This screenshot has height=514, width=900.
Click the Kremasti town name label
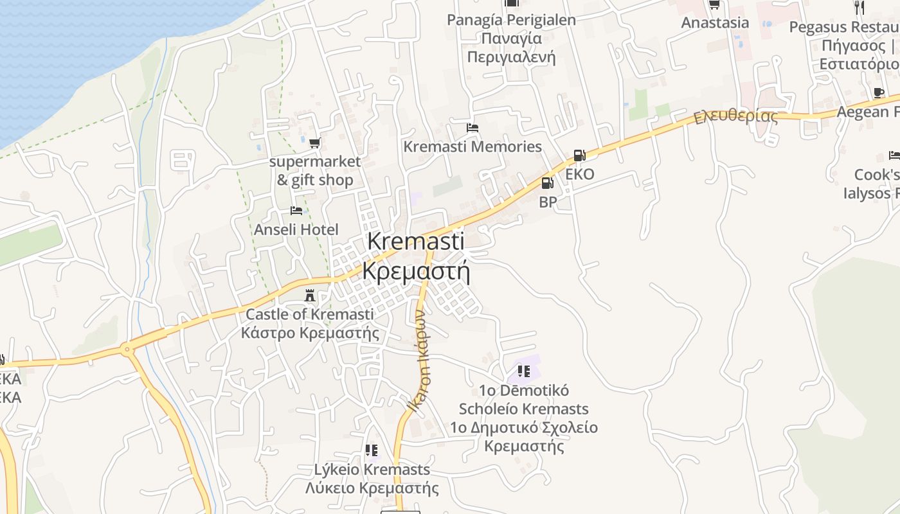click(x=416, y=242)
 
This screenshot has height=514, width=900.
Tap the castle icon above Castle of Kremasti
click(x=310, y=296)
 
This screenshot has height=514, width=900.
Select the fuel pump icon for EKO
click(x=579, y=155)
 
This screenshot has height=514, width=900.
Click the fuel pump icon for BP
click(x=547, y=183)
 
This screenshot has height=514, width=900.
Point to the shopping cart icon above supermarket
click(x=314, y=143)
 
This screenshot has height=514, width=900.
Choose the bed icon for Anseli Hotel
click(x=296, y=211)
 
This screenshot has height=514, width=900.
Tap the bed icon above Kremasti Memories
click(x=473, y=127)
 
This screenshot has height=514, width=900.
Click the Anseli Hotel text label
click(x=296, y=229)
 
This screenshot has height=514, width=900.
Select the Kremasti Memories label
click(x=473, y=146)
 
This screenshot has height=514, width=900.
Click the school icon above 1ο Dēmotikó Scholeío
click(x=524, y=371)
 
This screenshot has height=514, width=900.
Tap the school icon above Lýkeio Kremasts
click(x=372, y=450)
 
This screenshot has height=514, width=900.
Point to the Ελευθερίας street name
click(x=735, y=118)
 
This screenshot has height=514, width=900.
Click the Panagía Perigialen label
click(x=511, y=20)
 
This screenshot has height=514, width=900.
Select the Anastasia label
click(x=715, y=22)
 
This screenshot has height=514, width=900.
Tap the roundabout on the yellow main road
click(x=127, y=350)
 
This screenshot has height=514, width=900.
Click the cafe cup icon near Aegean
click(x=878, y=93)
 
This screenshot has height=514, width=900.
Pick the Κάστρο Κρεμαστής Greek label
click(x=310, y=333)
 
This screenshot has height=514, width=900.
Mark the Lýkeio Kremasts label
click(x=372, y=470)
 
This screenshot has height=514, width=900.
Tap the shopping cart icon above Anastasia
click(x=714, y=4)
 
